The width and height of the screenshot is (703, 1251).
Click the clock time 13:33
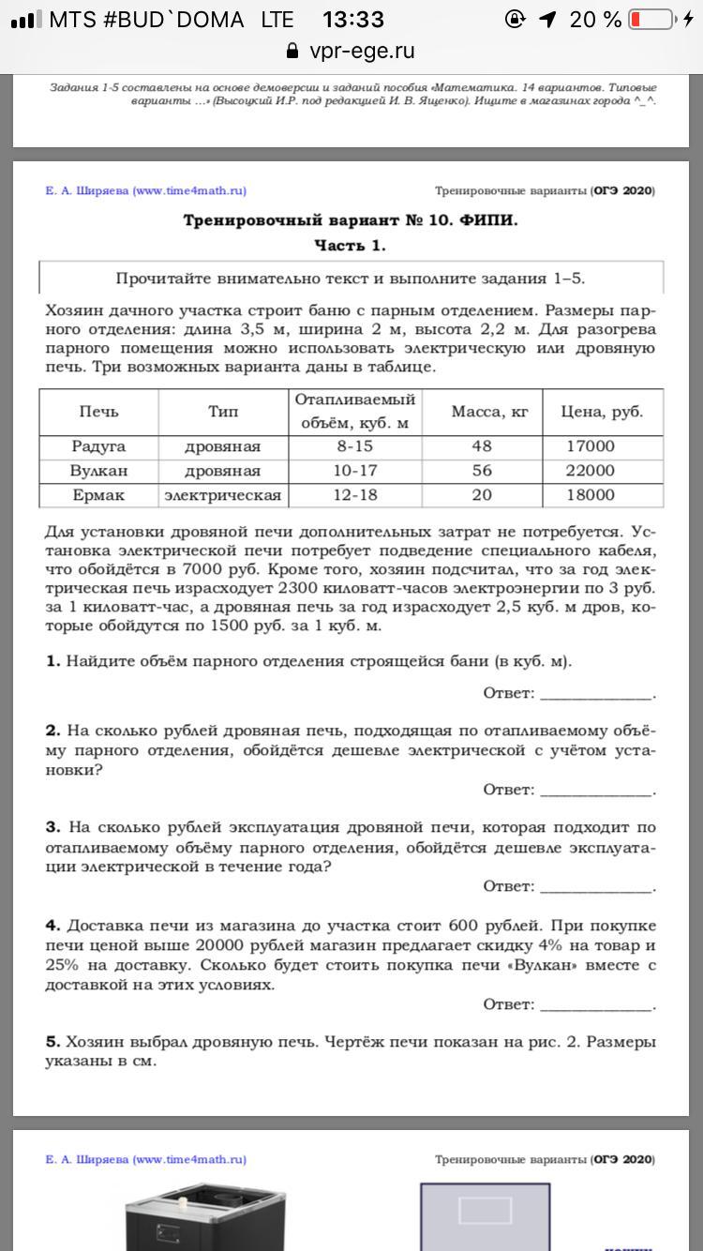[352, 19]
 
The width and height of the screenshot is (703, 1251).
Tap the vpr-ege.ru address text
[362, 51]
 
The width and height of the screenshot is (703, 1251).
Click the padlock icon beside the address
[292, 51]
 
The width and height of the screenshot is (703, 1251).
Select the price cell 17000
[591, 446]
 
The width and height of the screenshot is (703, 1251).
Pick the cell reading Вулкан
[98, 471]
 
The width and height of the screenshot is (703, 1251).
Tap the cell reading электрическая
[223, 495]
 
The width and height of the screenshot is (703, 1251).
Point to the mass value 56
[482, 471]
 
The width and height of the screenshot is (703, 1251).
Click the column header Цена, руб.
[601, 412]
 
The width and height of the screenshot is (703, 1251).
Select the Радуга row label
[98, 446]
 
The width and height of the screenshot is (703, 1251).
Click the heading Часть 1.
[350, 246]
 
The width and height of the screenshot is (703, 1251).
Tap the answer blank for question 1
[596, 693]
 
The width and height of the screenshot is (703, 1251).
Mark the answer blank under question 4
[596, 1004]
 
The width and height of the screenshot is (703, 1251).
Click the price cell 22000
[591, 471]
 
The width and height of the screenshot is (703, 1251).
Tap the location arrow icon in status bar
[548, 19]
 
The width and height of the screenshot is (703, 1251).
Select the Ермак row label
[98, 495]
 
